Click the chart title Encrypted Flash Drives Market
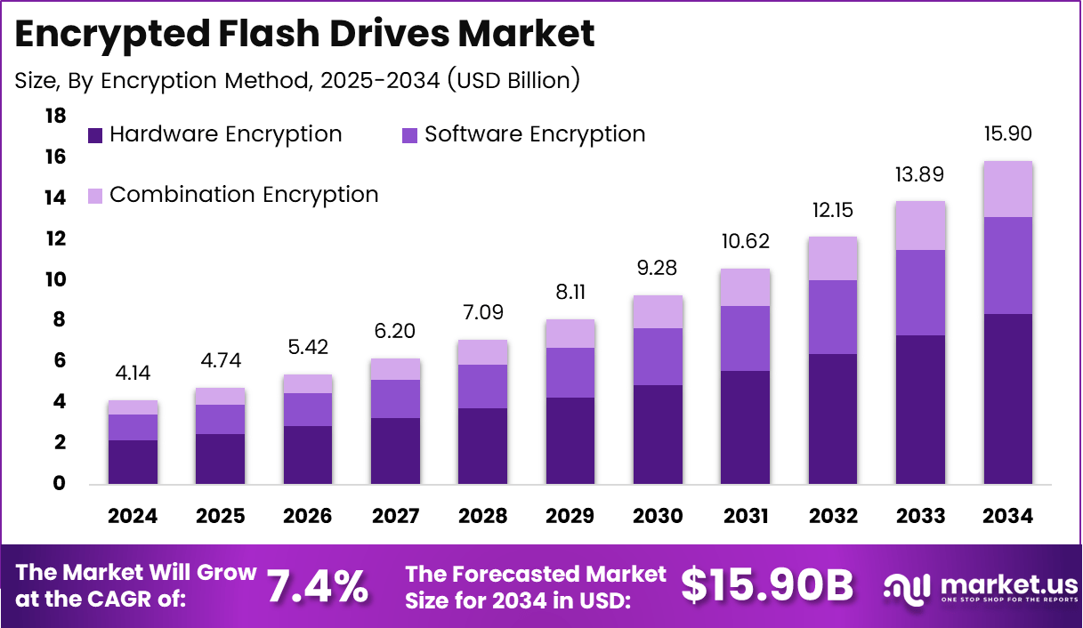[x=304, y=35]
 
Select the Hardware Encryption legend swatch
[x=95, y=135]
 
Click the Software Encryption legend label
[x=535, y=134]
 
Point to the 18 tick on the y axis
[x=55, y=116]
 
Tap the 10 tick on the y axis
[x=55, y=279]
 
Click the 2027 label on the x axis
[x=395, y=517]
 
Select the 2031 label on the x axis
[x=746, y=517]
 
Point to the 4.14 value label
[x=133, y=374]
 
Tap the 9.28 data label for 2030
[x=658, y=269]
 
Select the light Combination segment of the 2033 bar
[x=920, y=226]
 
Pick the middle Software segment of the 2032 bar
[x=833, y=317]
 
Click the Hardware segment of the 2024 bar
[x=133, y=462]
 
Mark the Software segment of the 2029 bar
[x=570, y=372]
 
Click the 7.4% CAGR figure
[x=318, y=586]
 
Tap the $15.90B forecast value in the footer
[x=767, y=586]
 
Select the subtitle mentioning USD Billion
[x=297, y=80]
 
